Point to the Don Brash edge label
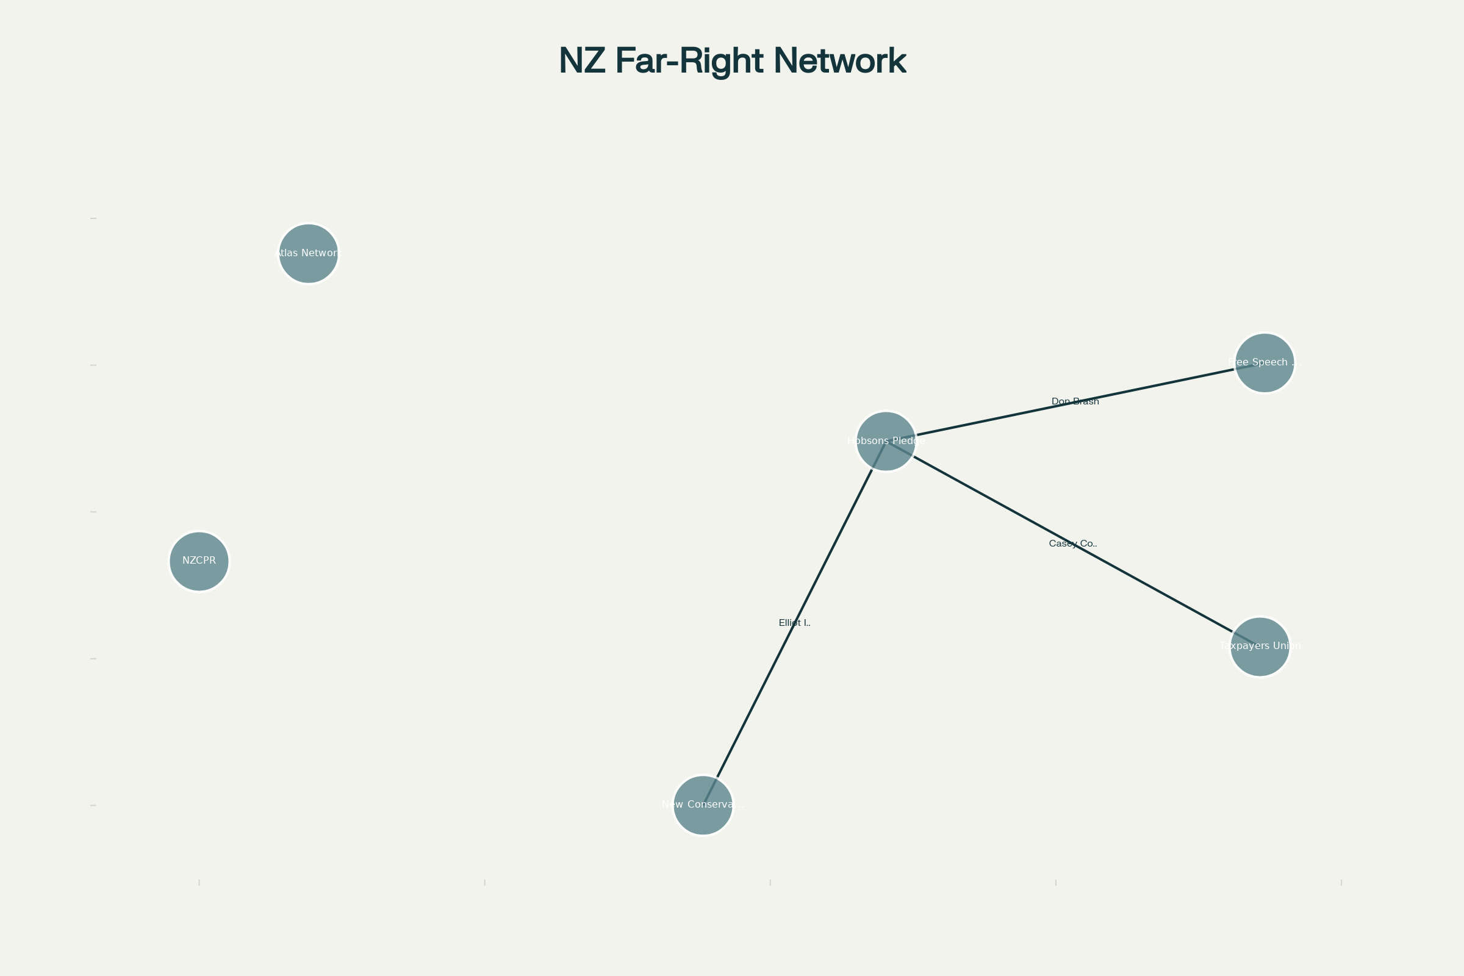coord(1075,401)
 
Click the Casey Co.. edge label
coord(1072,544)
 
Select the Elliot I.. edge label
coord(794,622)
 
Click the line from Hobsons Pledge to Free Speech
coord(996,418)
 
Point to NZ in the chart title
coord(582,61)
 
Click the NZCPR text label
coord(199,560)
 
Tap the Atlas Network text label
coord(308,253)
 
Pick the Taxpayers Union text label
coord(1260,645)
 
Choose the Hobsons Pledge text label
coord(886,440)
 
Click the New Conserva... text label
coord(703,804)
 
